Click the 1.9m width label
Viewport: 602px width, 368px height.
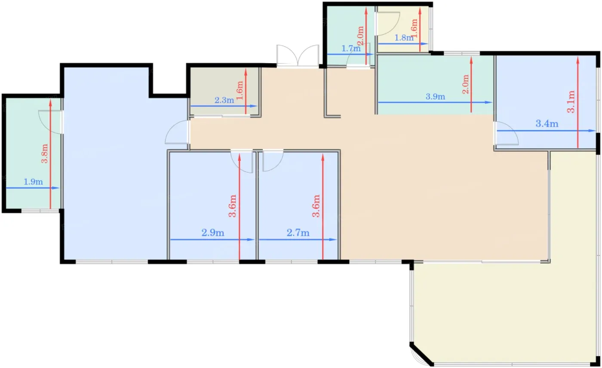(34, 182)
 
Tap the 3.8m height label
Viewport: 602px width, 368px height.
(45, 153)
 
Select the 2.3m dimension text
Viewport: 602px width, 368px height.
(224, 100)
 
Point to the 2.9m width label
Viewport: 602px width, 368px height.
(213, 233)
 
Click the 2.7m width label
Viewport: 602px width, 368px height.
(298, 233)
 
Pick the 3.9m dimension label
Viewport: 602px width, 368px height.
(435, 96)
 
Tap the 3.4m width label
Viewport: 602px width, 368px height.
(547, 123)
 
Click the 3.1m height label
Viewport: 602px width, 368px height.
(571, 102)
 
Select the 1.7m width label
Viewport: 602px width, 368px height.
(351, 49)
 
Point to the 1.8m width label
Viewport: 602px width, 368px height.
(404, 38)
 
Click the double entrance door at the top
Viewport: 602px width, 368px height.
(298, 56)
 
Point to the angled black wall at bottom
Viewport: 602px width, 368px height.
(421, 354)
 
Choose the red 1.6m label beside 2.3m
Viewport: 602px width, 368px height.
(240, 91)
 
